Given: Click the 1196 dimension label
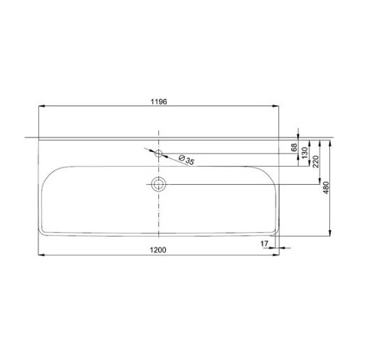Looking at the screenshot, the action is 159,102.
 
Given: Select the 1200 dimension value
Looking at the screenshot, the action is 158,250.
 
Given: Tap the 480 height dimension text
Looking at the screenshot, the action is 326,188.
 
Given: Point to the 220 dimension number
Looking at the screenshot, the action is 316,161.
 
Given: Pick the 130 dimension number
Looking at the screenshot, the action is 305,153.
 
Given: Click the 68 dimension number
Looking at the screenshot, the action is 294,147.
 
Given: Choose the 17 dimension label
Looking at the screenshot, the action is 264,243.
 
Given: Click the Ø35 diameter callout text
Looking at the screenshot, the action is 186,160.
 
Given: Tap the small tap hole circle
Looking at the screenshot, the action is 158,153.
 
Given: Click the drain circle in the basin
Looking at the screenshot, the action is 158,184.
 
